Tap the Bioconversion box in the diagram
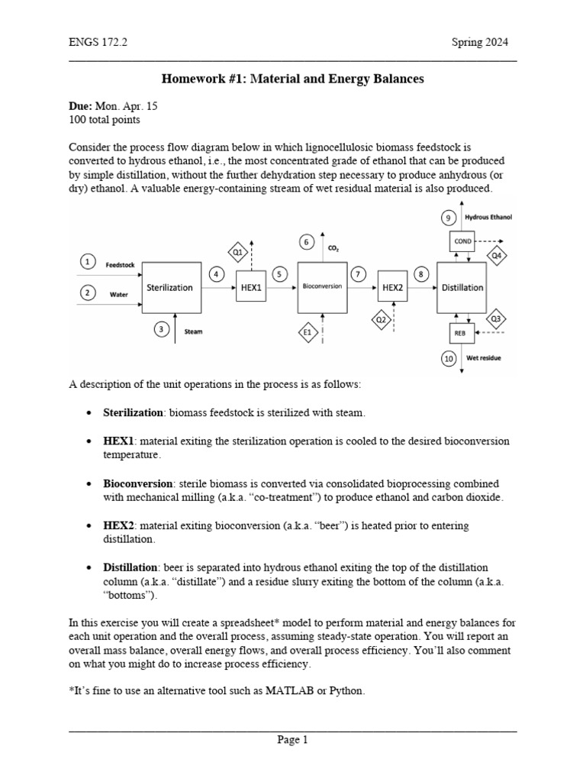coord(322,287)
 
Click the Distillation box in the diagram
coord(462,287)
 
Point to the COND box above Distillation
coord(462,241)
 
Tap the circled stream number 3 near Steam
coord(161,329)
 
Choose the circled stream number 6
coord(307,242)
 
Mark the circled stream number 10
coord(449,357)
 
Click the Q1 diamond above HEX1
coord(237,251)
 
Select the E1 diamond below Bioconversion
coord(307,332)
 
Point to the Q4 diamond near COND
coord(497,256)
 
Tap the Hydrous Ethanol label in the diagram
coord(488,218)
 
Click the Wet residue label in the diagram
coord(484,357)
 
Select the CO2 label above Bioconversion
coord(333,248)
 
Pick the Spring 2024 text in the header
coord(479,43)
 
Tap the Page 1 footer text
coord(292,739)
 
